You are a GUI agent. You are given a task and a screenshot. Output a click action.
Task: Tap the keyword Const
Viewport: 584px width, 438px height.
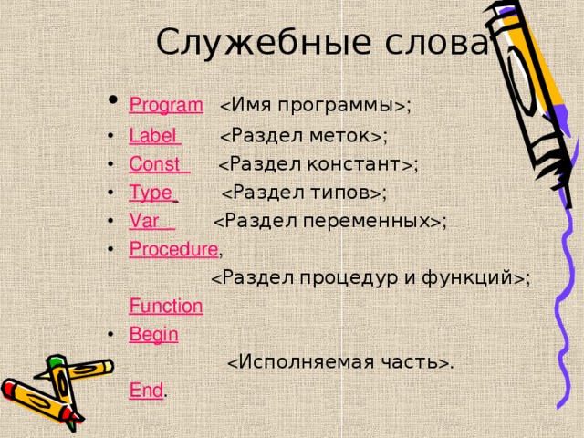156,164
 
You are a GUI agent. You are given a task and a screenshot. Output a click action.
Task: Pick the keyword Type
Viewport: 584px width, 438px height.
151,193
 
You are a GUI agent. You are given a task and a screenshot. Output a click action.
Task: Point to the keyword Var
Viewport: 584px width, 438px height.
149,221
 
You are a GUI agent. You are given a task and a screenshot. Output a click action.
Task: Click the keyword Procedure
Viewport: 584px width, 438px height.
173,249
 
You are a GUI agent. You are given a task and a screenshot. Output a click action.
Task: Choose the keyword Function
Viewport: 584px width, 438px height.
166,307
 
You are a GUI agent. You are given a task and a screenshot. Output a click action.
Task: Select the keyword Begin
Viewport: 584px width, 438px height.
153,334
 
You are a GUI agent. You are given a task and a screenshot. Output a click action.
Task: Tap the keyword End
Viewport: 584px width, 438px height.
146,391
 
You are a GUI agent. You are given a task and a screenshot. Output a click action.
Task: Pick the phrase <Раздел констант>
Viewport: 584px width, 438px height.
317,164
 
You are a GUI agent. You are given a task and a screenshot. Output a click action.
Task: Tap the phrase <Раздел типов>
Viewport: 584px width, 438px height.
303,193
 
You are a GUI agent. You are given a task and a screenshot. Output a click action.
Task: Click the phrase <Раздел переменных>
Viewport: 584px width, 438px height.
329,221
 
